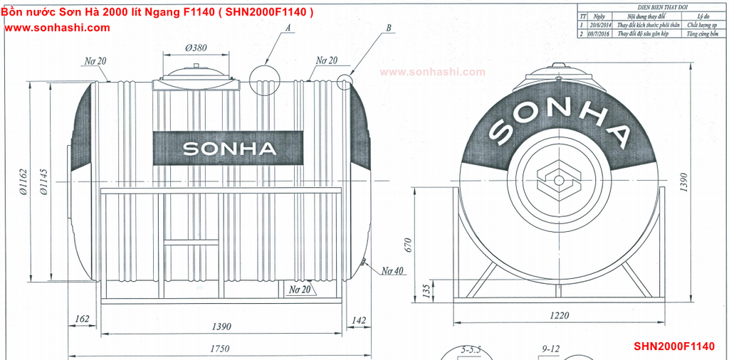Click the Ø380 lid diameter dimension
(196, 48)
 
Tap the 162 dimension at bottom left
(82, 319)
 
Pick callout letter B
(389, 28)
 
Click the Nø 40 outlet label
(392, 271)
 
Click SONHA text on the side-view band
(229, 149)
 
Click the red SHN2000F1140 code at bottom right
(673, 346)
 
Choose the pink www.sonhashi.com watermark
(432, 72)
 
